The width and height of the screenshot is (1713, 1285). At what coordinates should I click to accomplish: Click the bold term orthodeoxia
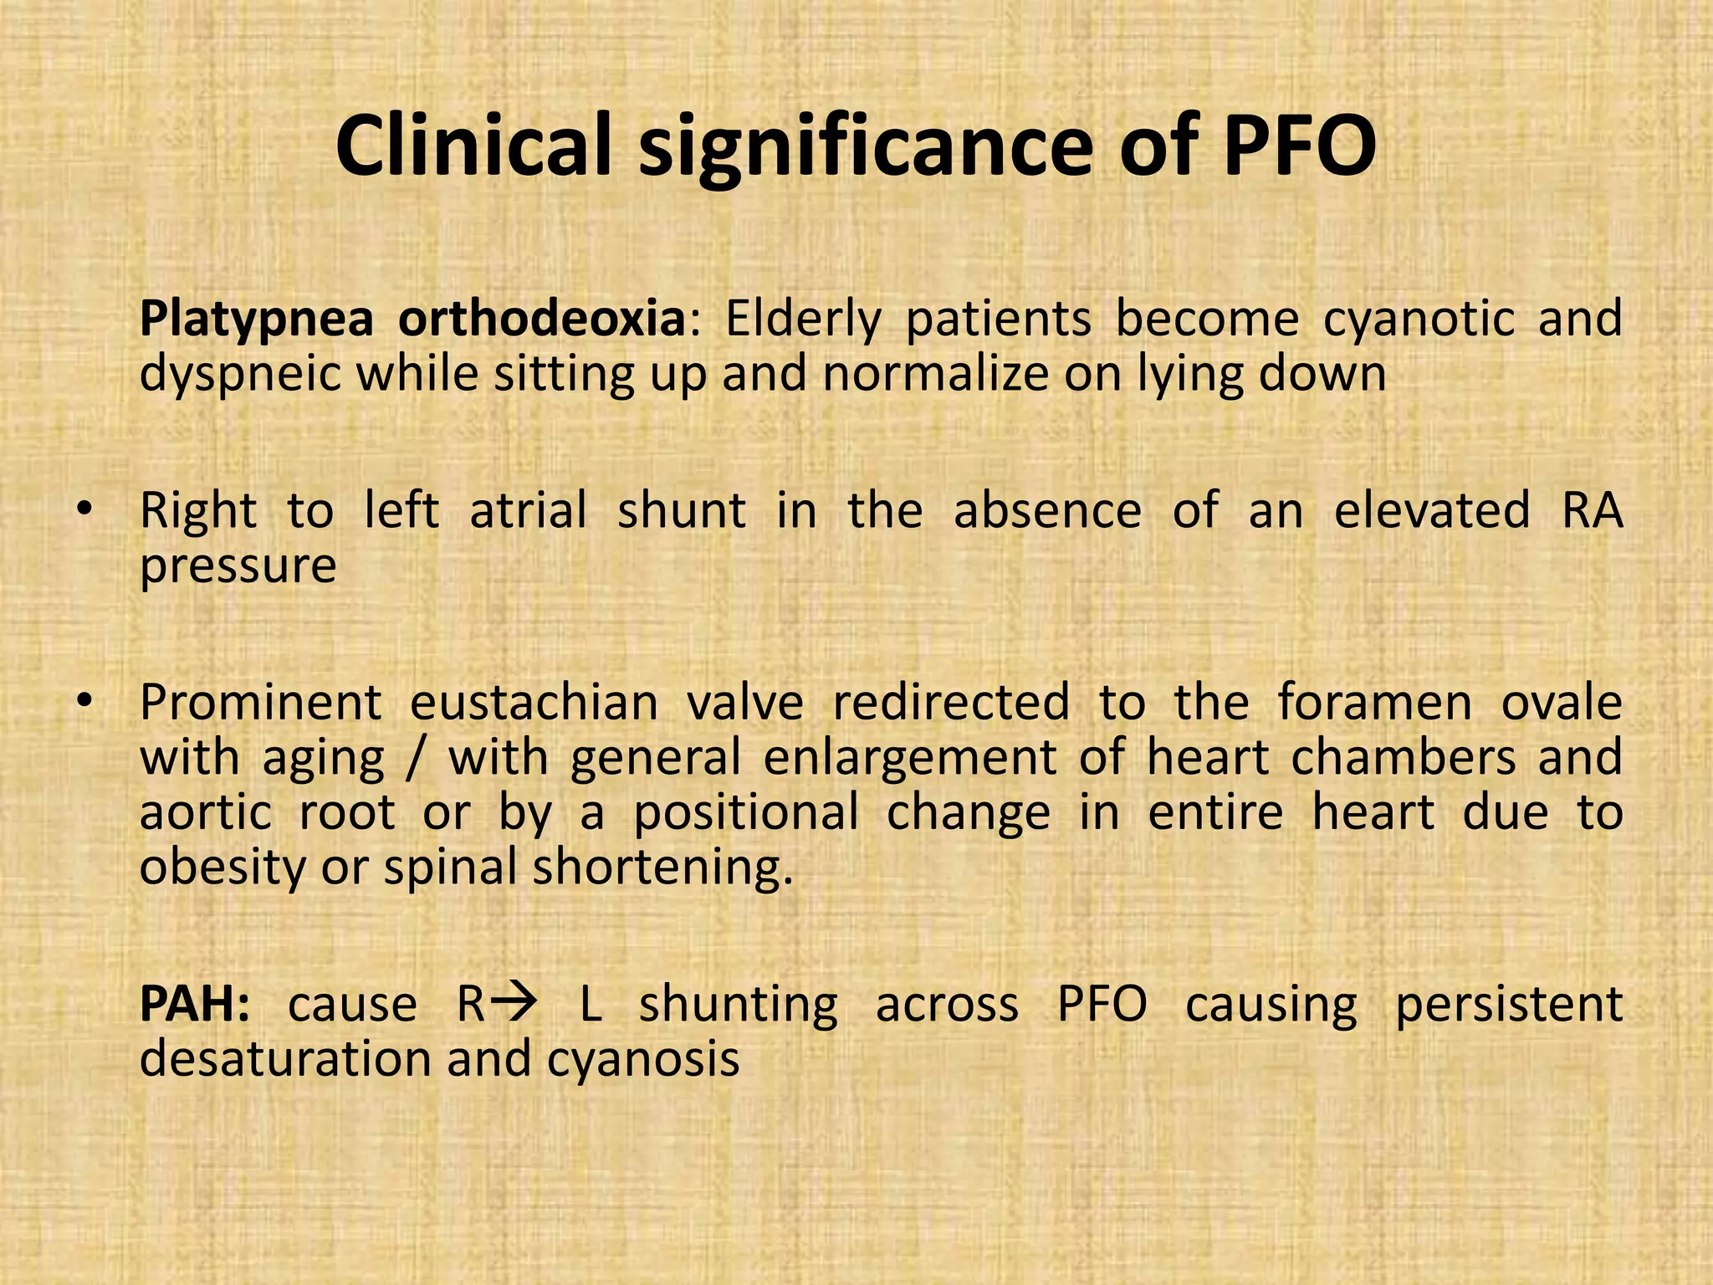[542, 319]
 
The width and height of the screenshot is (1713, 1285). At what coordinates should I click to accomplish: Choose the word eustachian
[534, 702]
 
